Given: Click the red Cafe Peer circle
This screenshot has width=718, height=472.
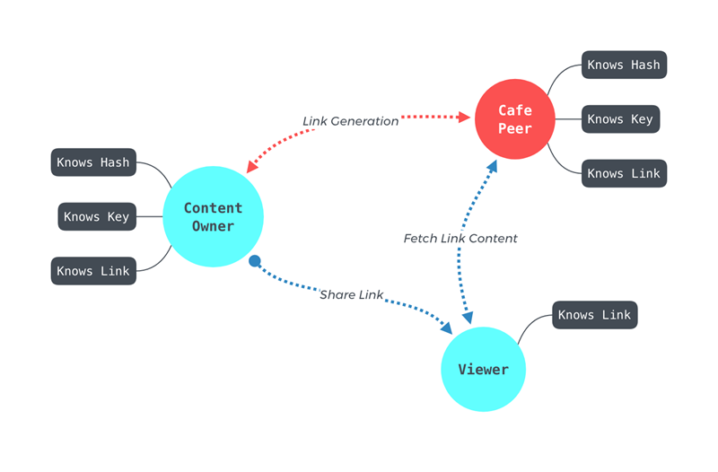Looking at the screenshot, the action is [x=514, y=119].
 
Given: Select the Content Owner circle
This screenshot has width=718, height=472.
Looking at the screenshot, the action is [x=213, y=216].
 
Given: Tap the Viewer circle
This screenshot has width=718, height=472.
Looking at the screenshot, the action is [x=483, y=369].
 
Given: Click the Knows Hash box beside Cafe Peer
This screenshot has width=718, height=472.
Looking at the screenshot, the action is [x=624, y=65].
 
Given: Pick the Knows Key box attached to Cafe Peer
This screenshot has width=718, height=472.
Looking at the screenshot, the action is [x=620, y=119].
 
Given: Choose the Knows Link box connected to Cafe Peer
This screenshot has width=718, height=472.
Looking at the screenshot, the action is [x=624, y=173].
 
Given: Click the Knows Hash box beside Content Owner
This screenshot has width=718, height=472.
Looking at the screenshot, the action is [x=93, y=162].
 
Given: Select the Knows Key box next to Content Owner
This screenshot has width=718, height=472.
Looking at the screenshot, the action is [x=97, y=216].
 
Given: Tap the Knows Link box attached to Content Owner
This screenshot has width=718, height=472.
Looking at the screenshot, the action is [x=93, y=271].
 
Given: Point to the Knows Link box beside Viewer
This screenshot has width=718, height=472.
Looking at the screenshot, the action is [x=595, y=315].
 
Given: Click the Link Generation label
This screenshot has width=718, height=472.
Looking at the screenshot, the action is [x=350, y=121].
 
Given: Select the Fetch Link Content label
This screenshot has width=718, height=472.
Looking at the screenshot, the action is [x=460, y=239].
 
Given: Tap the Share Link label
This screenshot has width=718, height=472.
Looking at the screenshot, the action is [x=351, y=295].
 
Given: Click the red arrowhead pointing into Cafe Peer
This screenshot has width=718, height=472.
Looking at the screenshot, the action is [x=464, y=118].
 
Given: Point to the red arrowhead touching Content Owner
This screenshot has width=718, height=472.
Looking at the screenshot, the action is [x=251, y=167].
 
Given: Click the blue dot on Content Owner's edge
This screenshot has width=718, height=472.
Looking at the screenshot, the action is [x=255, y=261].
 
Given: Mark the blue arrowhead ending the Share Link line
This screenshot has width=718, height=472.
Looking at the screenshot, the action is [x=446, y=328].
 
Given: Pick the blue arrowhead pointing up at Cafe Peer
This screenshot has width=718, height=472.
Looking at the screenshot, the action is [x=492, y=166].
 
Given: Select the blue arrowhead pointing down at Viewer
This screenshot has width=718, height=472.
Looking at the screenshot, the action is [x=468, y=318].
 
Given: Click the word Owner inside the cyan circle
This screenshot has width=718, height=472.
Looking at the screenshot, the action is [x=213, y=226].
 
